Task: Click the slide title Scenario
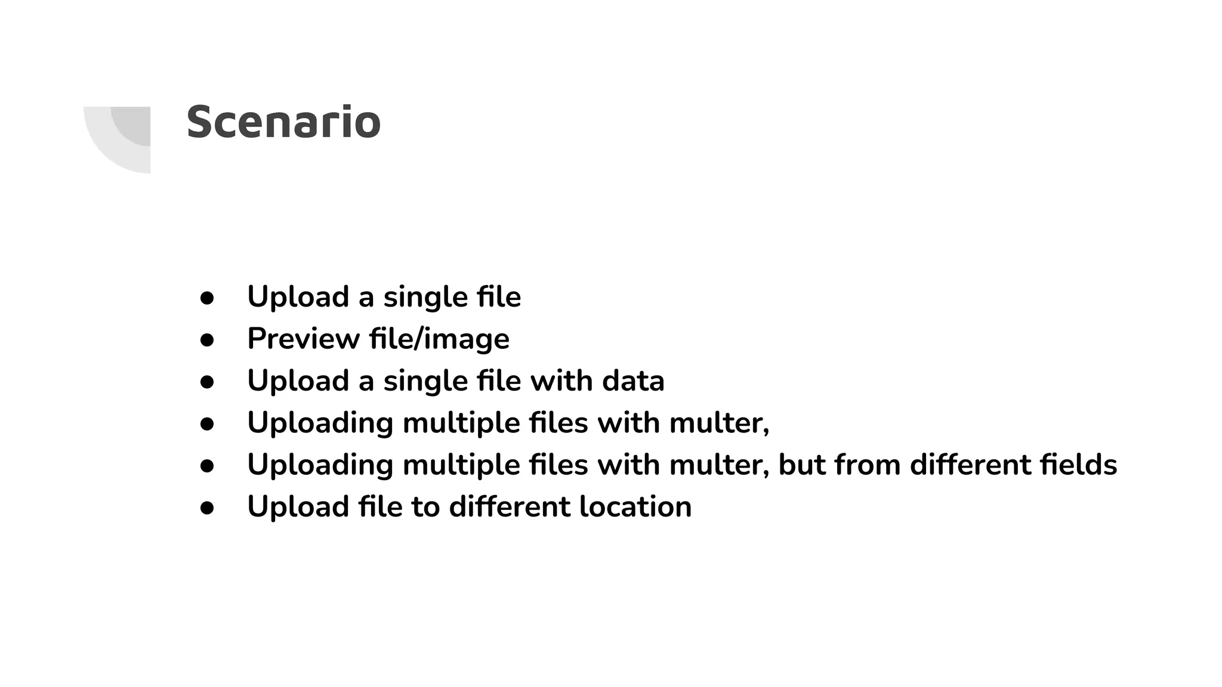(x=283, y=122)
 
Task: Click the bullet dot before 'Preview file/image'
(x=207, y=340)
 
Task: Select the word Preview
(x=303, y=339)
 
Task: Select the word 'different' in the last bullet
(x=510, y=506)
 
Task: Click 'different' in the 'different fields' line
(x=970, y=465)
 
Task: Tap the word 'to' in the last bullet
(x=425, y=506)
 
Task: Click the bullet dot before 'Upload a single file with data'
(x=207, y=382)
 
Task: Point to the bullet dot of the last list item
(x=207, y=507)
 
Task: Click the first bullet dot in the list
(x=207, y=298)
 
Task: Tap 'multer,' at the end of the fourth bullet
(x=719, y=423)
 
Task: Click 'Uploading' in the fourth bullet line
(x=320, y=423)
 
